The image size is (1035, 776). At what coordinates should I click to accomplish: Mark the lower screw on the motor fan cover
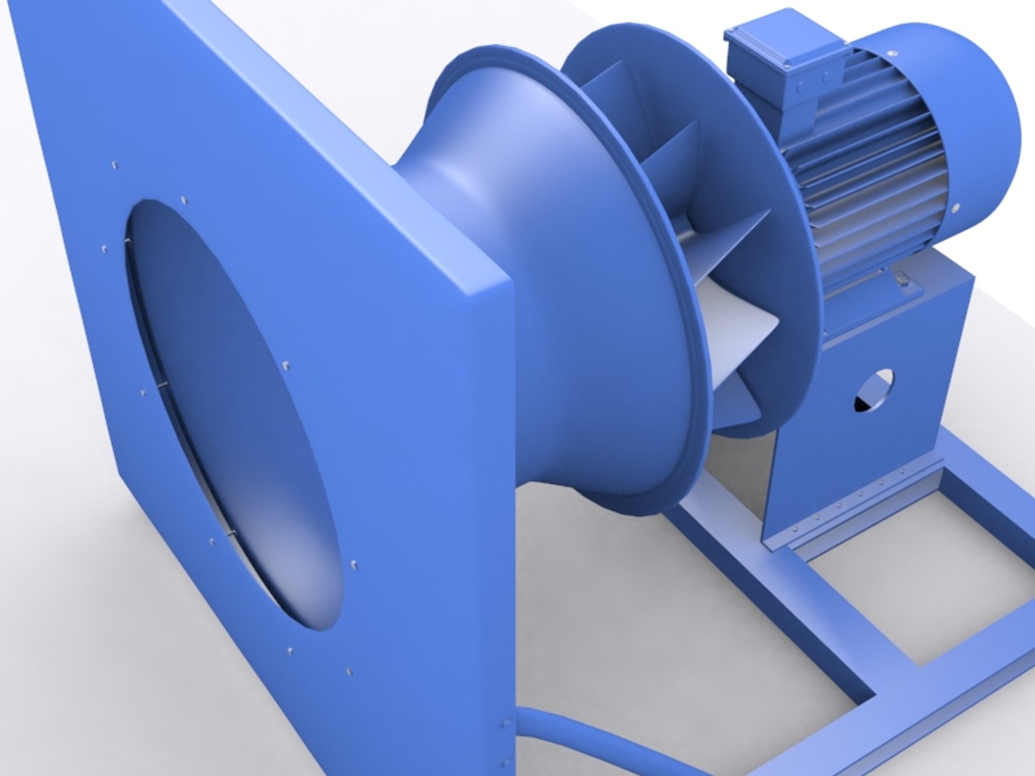pyautogui.click(x=956, y=209)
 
